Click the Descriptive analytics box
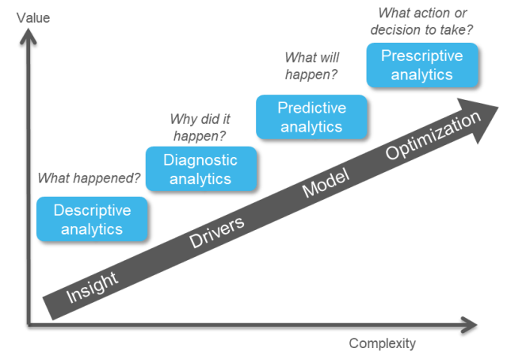(92, 219)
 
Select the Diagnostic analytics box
(200, 168)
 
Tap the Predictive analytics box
(311, 117)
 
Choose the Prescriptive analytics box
(421, 64)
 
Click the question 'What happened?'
(90, 178)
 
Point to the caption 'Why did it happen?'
(200, 127)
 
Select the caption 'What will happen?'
(311, 66)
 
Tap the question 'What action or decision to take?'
(426, 22)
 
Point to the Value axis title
(32, 17)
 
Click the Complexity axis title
(382, 343)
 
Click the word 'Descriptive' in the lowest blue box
(92, 210)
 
